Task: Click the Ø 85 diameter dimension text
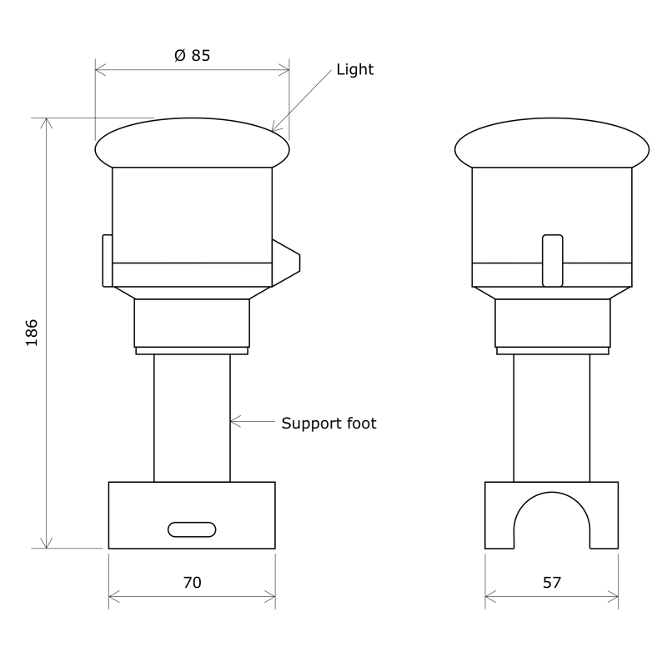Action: pos(192,55)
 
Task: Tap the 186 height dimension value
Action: pos(32,332)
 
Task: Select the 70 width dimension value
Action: pos(192,583)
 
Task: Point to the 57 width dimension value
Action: pos(552,583)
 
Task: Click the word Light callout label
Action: pos(355,69)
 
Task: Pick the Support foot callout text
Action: pos(328,424)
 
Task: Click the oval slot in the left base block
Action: pos(192,529)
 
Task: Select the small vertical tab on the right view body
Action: pos(552,261)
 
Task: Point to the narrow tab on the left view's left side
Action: pos(107,260)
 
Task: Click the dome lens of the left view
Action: pos(192,143)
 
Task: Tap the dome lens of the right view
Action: pos(552,143)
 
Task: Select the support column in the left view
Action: pos(192,417)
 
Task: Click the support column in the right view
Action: pos(552,417)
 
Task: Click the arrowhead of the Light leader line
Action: pos(276,129)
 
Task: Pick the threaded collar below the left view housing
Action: pos(192,323)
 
